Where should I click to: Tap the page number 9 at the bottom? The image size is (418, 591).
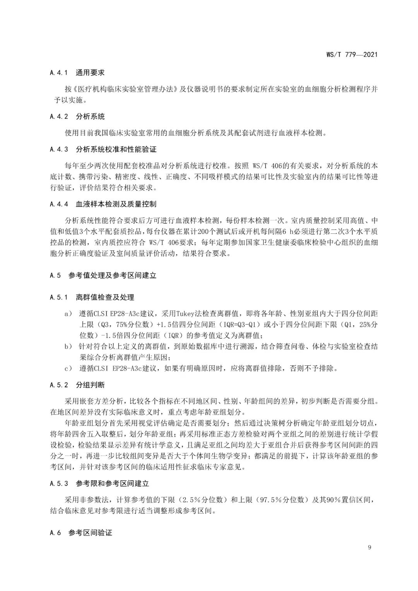pyautogui.click(x=370, y=547)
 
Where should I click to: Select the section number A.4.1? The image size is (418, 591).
pyautogui.click(x=59, y=72)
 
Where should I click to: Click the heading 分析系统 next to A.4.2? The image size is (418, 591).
pyautogui.click(x=90, y=116)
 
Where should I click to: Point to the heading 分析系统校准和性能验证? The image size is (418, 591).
pyautogui.click(x=116, y=149)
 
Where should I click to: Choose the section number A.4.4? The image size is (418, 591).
pyautogui.click(x=59, y=204)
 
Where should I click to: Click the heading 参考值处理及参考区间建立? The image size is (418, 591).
pyautogui.click(x=112, y=276)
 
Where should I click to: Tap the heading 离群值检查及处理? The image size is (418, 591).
pyautogui.click(x=105, y=297)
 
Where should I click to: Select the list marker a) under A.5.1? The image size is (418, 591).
pyautogui.click(x=68, y=313)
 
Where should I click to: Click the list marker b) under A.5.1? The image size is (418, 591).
pyautogui.click(x=68, y=346)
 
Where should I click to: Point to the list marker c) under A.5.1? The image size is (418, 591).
pyautogui.click(x=68, y=368)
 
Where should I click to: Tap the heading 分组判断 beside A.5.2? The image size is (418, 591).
pyautogui.click(x=90, y=385)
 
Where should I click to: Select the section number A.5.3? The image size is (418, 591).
pyautogui.click(x=59, y=483)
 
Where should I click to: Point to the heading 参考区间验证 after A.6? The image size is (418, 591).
pyautogui.click(x=90, y=533)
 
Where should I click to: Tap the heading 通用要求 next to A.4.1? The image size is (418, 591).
pyautogui.click(x=90, y=72)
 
